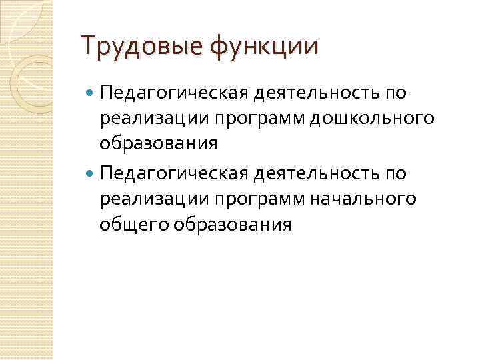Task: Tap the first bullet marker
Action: coord(91,91)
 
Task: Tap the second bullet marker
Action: coord(91,173)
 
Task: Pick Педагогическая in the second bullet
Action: coord(173,174)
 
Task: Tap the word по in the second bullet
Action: coord(395,174)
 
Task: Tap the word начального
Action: coord(360,199)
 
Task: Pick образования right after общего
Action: coord(233,225)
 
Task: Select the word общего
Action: coord(134,225)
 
